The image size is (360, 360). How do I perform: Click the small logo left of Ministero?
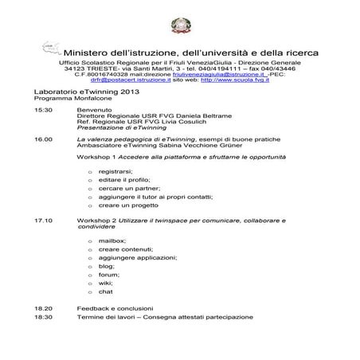[x=51, y=49]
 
